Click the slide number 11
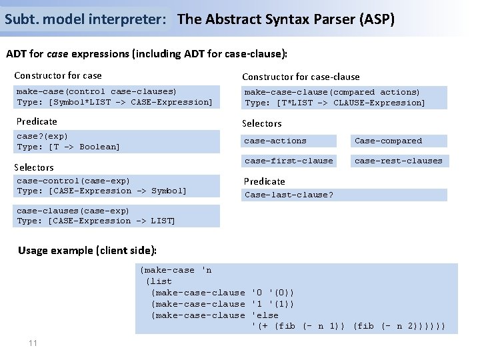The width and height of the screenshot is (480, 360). tap(32, 343)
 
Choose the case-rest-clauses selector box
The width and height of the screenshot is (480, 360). tap(398, 161)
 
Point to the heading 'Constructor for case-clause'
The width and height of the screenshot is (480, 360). tap(301, 77)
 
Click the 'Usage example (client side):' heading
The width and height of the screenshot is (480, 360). tap(87, 251)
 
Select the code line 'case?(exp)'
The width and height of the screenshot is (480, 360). tap(42, 136)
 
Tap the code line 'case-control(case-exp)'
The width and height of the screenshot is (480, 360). tap(73, 181)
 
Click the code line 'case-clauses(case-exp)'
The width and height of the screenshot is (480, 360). tap(73, 211)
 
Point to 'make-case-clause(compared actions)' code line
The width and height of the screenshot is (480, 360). tap(332, 92)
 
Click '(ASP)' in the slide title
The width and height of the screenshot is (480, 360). tap(377, 19)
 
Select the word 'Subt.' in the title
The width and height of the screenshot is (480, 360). tap(19, 19)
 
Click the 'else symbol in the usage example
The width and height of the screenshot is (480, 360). tap(265, 315)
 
